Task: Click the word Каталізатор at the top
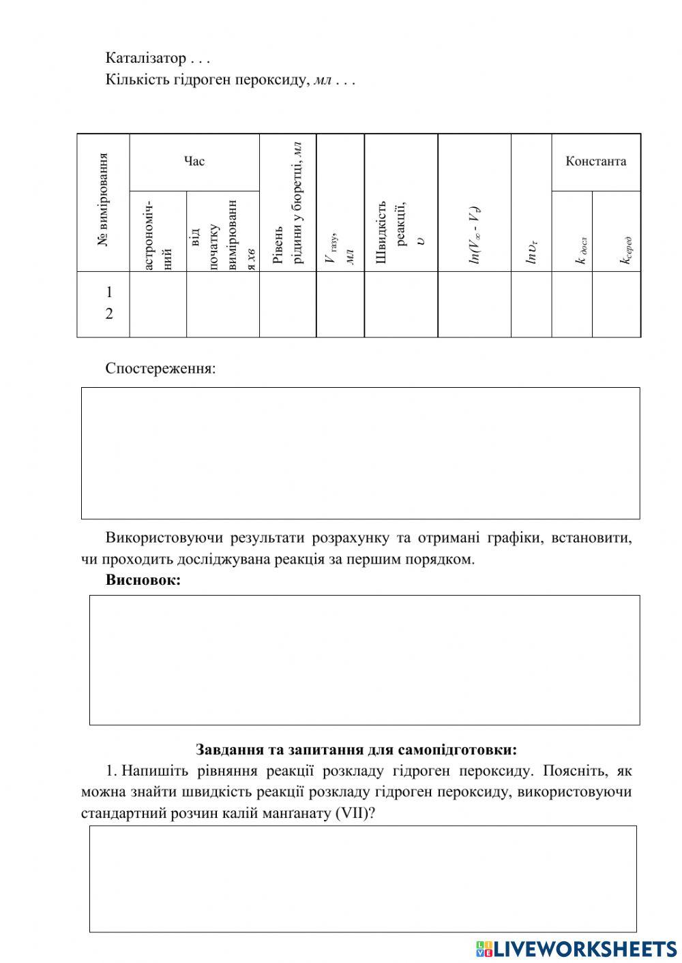click(x=145, y=58)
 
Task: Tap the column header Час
click(x=194, y=162)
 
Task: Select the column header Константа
click(x=595, y=162)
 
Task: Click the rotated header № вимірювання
click(x=104, y=200)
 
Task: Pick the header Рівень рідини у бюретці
click(x=287, y=202)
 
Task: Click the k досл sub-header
click(x=581, y=248)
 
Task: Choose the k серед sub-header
click(x=625, y=250)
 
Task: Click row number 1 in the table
click(x=108, y=292)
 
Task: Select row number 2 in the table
click(x=108, y=314)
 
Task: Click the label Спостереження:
click(x=160, y=369)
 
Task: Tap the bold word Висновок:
click(x=143, y=580)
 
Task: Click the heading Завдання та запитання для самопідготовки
click(x=356, y=750)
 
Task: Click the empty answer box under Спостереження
click(x=360, y=453)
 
